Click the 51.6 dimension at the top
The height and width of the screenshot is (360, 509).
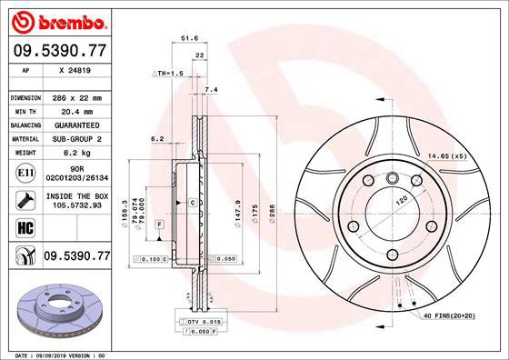pyautogui.click(x=189, y=39)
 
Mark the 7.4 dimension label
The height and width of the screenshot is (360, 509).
pyautogui.click(x=212, y=89)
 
